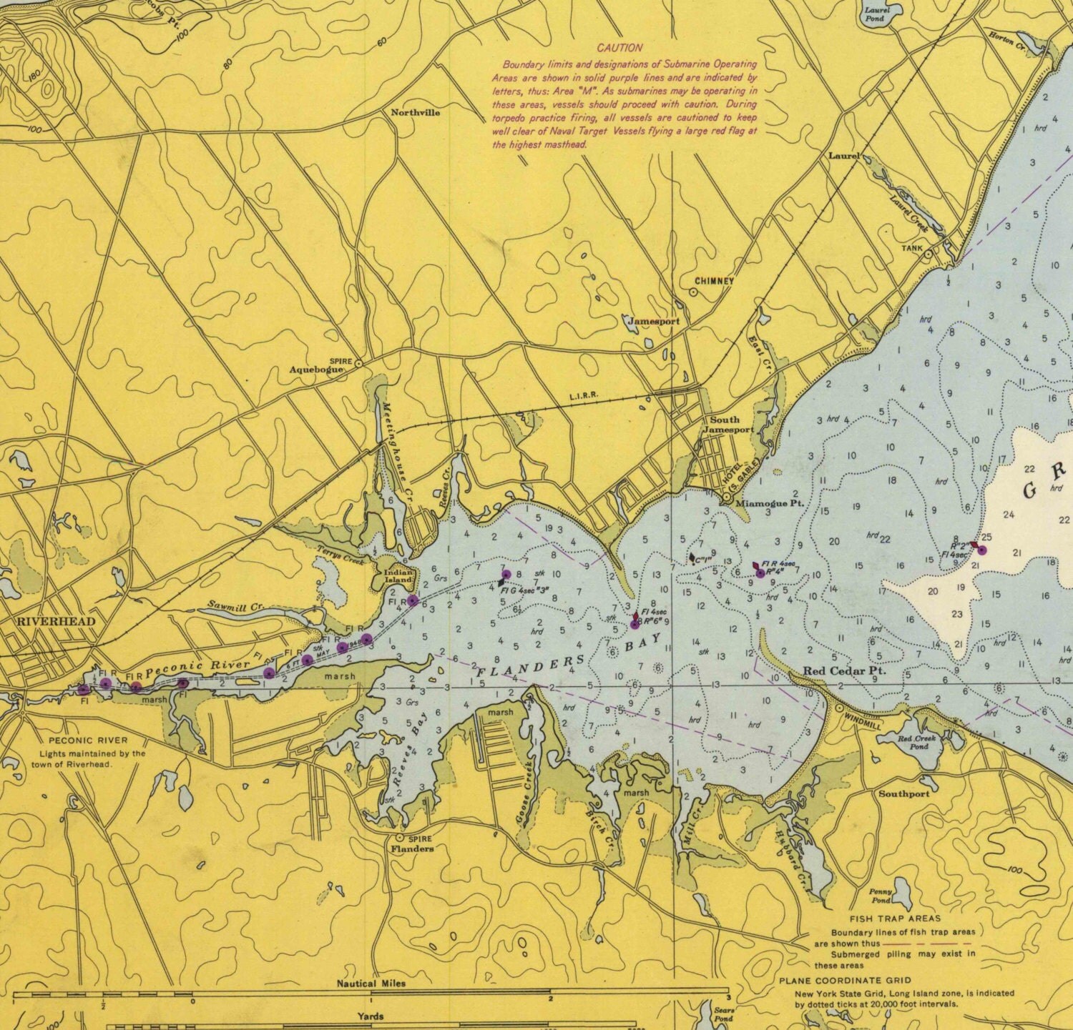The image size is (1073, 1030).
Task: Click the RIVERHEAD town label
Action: (56, 621)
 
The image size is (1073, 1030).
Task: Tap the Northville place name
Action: (415, 113)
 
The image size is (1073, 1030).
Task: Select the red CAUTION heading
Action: (619, 48)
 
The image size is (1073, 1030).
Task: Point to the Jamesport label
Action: (653, 322)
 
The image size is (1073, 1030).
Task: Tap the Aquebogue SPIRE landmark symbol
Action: (358, 363)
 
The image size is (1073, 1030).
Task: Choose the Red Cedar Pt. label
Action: (844, 671)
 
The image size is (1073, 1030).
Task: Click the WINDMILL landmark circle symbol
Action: (839, 707)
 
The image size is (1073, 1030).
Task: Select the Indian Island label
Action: (398, 575)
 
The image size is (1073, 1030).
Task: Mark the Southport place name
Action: (904, 793)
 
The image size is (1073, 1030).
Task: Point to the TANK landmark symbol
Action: (928, 252)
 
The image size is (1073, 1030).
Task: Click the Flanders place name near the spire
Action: (412, 848)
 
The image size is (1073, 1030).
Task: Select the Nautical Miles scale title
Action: (371, 984)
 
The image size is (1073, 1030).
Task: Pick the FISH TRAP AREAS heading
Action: (895, 918)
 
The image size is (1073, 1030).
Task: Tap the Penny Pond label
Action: (881, 896)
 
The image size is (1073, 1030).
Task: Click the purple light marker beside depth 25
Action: (982, 550)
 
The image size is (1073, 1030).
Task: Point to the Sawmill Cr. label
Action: (235, 606)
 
